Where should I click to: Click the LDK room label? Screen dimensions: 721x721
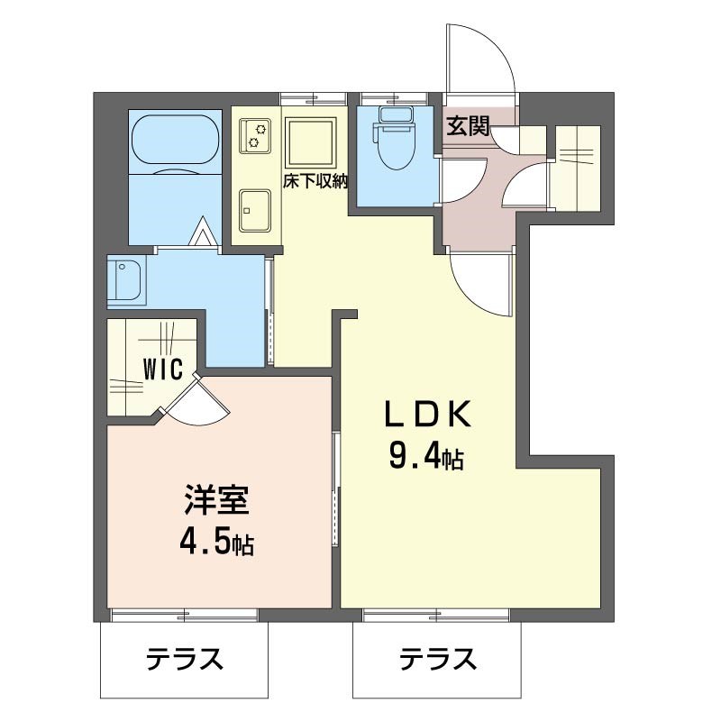[x=429, y=415]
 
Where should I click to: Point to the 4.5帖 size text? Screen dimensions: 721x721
[x=215, y=543]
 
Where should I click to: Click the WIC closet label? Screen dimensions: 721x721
[x=163, y=369]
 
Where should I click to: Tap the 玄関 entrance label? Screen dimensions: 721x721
[x=467, y=127]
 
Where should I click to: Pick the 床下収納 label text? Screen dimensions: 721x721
[x=315, y=180]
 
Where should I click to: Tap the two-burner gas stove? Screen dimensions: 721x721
[x=256, y=136]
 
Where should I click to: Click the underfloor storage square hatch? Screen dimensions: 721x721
[x=311, y=142]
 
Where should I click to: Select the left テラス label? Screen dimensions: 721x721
[x=184, y=661]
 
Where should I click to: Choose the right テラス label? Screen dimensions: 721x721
[x=438, y=661]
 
